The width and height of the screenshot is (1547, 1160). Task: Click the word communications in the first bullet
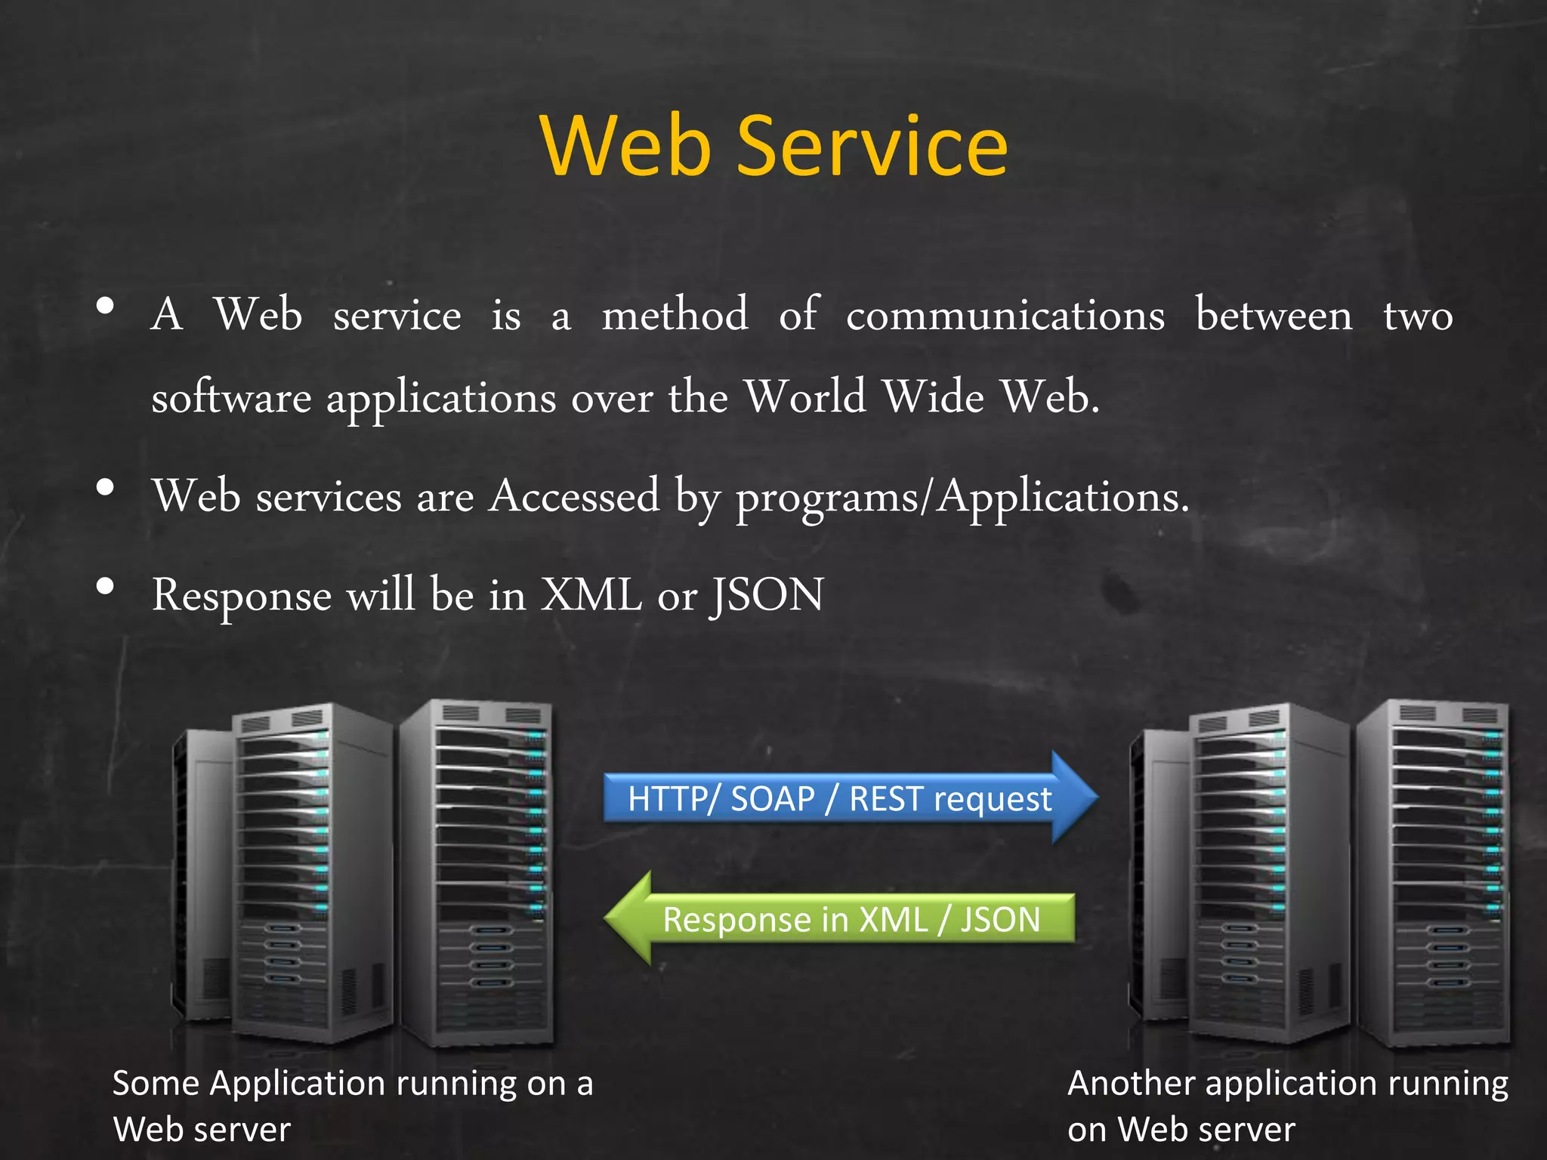[x=1005, y=315]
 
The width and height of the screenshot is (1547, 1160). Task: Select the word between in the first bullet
[x=1274, y=315]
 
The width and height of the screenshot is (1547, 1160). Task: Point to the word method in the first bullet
[x=675, y=315]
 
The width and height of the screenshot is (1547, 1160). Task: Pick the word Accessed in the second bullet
[x=574, y=496]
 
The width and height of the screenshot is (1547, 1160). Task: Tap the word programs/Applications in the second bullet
[x=962, y=498]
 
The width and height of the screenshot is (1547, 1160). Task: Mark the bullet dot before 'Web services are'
[x=106, y=487]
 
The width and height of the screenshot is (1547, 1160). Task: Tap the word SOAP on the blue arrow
[x=772, y=799]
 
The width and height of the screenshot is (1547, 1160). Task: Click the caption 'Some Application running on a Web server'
[x=352, y=1106]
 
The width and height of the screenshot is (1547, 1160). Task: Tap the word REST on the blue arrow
[x=885, y=799]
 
